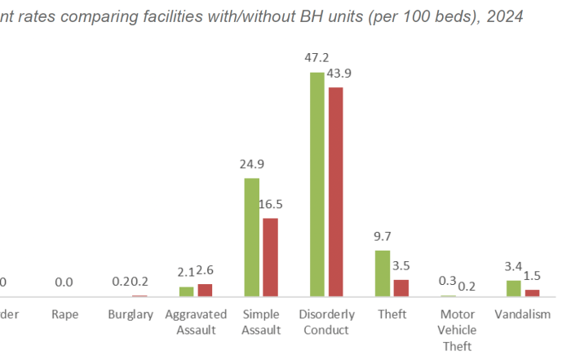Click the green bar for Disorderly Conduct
(x=317, y=184)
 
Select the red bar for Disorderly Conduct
(x=335, y=192)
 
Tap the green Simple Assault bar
(x=252, y=237)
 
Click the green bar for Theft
(x=383, y=273)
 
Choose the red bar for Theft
(x=401, y=288)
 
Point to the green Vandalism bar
(x=513, y=288)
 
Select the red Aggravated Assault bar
(x=205, y=290)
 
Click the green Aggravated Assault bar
(x=187, y=291)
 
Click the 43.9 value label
(x=339, y=73)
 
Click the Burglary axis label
(x=131, y=314)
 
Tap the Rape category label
(x=64, y=314)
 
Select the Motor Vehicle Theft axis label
(x=457, y=330)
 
